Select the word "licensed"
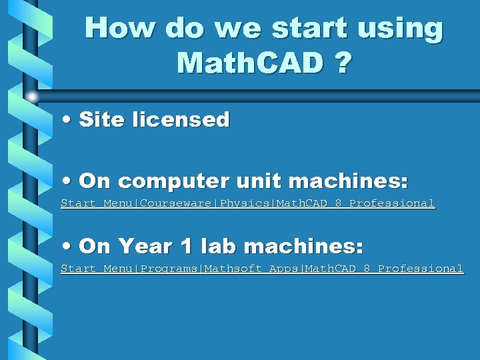coord(181,120)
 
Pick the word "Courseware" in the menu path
coord(177,203)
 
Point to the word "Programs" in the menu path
coord(171,269)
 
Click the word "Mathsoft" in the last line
coord(234,269)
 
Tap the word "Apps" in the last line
coord(284,269)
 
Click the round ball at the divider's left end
coord(31,97)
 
